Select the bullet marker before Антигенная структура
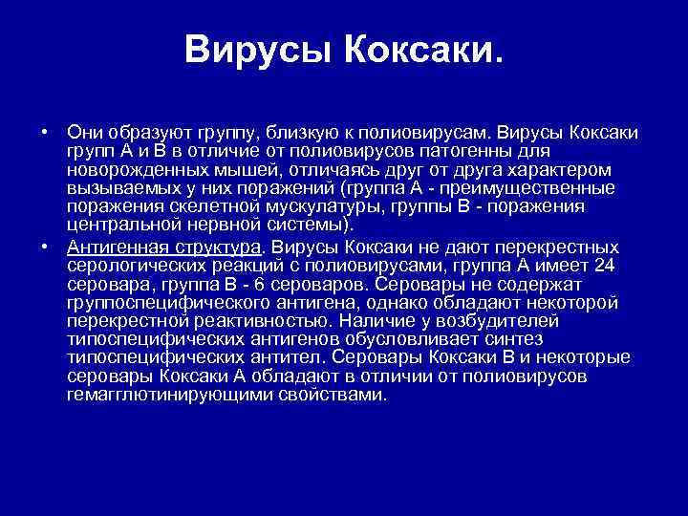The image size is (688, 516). coord(45,245)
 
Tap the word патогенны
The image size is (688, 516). coord(460,151)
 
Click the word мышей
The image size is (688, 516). coord(241,169)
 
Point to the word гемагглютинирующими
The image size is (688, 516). coord(162,396)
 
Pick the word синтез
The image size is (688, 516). coord(516,340)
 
